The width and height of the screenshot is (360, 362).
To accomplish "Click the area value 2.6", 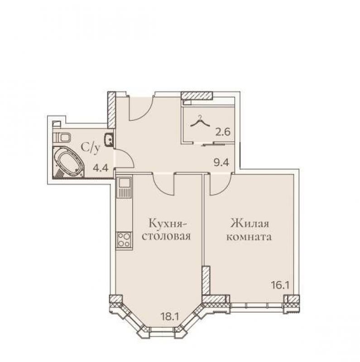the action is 223,132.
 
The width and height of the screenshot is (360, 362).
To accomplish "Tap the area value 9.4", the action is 221,162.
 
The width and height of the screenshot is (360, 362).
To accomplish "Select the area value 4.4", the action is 101,167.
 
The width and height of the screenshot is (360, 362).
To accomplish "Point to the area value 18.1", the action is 170,316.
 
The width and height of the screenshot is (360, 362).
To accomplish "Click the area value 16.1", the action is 280,286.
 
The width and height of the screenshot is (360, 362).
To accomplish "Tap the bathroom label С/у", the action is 91,148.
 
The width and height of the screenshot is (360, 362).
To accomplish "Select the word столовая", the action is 166,237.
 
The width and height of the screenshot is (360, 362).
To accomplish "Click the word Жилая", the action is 250,224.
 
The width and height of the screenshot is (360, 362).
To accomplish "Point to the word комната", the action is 249,237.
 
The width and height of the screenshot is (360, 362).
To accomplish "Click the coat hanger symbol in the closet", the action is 200,121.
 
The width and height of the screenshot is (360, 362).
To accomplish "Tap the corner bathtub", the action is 68,162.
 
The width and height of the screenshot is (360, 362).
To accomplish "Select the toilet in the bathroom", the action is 61,138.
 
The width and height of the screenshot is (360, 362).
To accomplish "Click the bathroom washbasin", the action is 109,140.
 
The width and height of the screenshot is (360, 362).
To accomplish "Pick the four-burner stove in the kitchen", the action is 124,240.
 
